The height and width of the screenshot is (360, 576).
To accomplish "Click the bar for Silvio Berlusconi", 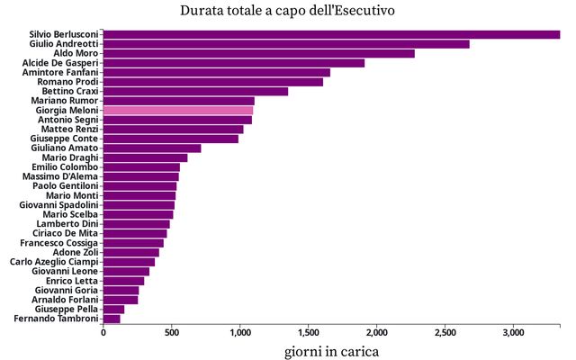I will pos(331,34).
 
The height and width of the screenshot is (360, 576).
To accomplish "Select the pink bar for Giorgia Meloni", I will pos(178,110).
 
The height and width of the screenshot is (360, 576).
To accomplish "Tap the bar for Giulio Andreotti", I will pos(286,44).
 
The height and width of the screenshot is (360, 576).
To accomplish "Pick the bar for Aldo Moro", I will pos(258,53).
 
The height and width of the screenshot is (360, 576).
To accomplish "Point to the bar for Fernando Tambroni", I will pos(112,319).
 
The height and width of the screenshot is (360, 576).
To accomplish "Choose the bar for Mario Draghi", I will pos(145,157).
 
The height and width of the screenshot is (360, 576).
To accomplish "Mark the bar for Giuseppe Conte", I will pos(171,139).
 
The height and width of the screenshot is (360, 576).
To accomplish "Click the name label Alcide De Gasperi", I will pos(60,63).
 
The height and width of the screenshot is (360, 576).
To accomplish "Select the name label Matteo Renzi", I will pos(71,129).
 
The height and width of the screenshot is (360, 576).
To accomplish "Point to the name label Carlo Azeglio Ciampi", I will pos(54,262).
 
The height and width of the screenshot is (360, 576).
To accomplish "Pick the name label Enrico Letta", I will pos(71,281).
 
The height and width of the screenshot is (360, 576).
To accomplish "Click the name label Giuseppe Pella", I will pos(65,309).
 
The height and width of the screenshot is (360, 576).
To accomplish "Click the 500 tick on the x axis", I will pos(172,333).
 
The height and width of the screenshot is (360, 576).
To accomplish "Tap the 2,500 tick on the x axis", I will pos(445,333).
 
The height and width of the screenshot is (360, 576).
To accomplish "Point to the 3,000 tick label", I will pos(513,333).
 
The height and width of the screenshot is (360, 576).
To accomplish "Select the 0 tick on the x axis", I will pos(103,333).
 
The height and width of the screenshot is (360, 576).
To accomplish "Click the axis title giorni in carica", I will pos(331,350).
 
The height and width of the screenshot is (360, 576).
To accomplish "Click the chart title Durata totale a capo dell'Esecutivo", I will pos(287,11).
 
